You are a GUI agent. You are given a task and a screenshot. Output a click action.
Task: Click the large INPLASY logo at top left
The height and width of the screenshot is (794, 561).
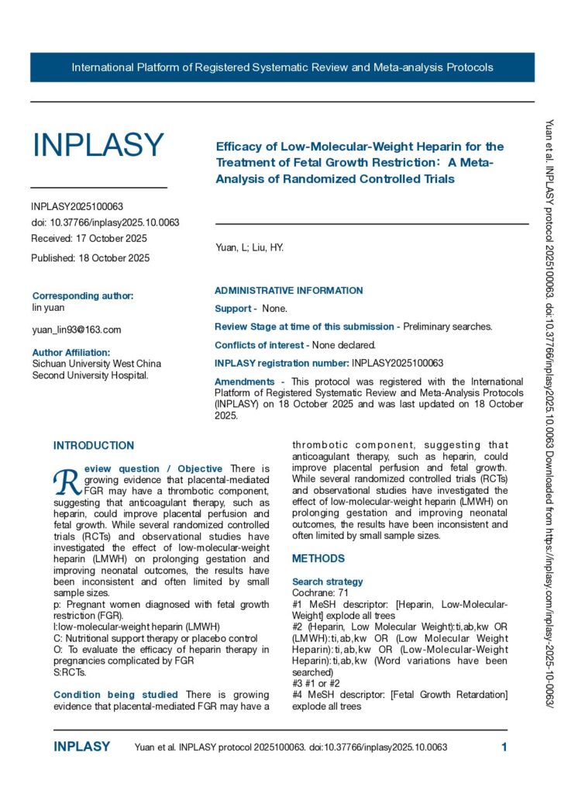(98, 145)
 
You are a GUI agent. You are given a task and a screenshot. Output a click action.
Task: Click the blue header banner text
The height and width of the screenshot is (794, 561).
(282, 67)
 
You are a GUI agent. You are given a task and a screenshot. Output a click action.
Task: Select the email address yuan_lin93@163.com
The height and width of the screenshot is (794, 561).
(76, 330)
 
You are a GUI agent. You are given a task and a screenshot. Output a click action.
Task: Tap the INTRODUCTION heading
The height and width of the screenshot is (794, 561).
(93, 446)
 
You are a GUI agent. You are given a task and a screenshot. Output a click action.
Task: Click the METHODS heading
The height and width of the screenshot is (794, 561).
(318, 558)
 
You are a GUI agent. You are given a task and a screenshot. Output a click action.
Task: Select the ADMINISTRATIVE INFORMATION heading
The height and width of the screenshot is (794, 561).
(288, 291)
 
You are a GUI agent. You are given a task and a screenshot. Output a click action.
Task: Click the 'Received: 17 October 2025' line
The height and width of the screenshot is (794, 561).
(88, 238)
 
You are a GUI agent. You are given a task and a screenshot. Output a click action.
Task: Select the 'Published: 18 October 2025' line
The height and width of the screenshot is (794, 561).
(90, 257)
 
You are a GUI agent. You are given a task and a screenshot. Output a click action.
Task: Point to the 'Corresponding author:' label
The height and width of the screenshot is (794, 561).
(83, 295)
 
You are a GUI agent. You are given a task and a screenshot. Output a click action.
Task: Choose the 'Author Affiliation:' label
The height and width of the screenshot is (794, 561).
(76, 352)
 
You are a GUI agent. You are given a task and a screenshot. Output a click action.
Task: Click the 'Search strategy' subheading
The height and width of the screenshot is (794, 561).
(327, 582)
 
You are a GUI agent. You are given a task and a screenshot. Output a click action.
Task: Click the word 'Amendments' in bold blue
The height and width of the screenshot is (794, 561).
(244, 381)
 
